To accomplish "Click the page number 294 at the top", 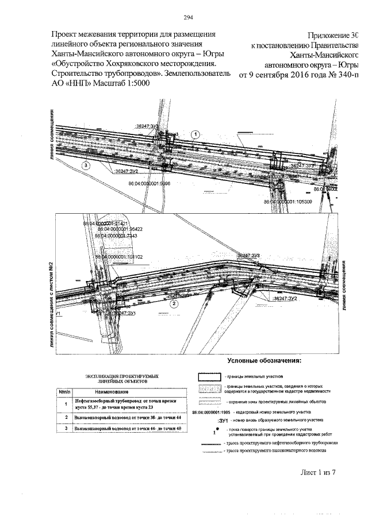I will [184, 17].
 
